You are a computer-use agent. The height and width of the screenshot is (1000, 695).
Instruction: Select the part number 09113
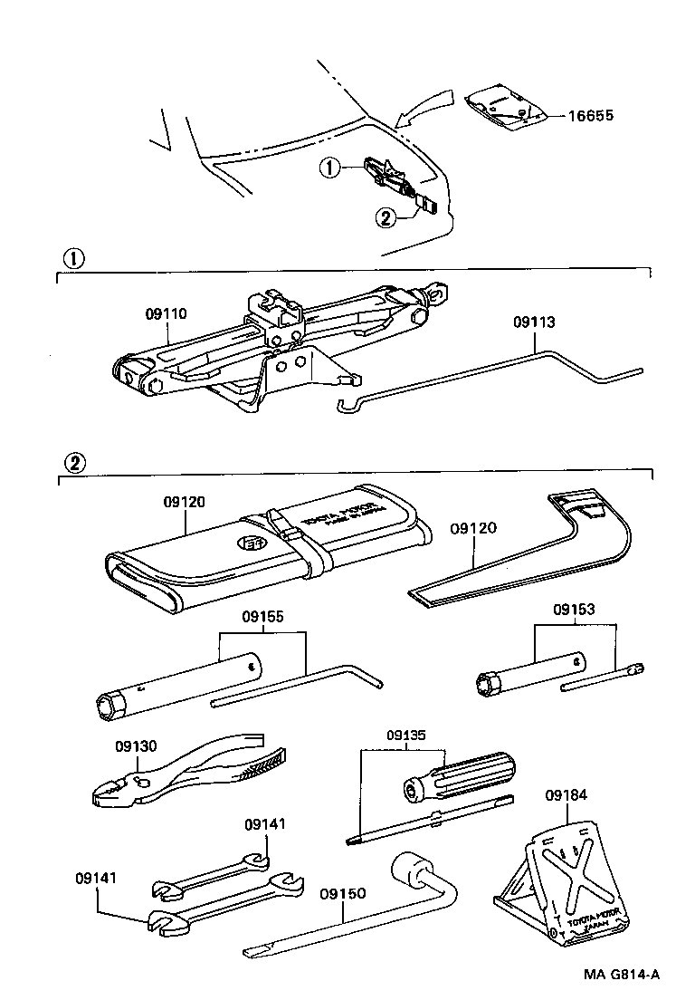pos(533,322)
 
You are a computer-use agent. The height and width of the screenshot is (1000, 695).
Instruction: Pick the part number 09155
pos(262,617)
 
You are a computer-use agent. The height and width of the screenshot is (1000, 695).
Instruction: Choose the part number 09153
pos(576,610)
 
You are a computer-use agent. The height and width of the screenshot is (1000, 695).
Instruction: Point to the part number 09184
pos(566,796)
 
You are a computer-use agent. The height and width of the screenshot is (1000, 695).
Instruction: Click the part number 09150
pos(342,893)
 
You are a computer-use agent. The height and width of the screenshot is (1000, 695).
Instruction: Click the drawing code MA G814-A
pos(621,975)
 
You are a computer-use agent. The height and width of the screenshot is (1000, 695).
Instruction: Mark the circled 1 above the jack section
pos(72,257)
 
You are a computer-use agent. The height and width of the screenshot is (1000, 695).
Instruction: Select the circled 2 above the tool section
pos(72,461)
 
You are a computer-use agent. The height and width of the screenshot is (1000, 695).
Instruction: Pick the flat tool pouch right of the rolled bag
pos(525,553)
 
